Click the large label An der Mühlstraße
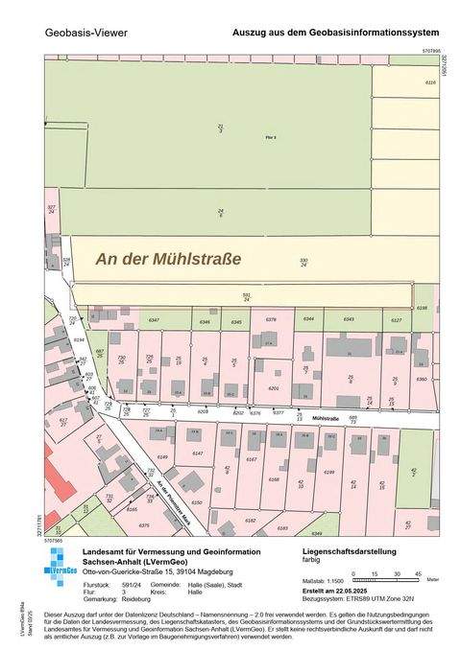168,258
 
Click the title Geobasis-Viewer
85,33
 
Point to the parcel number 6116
430,83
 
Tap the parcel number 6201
274,388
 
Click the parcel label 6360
421,379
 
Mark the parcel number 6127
396,319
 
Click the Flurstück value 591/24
130,583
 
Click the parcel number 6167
251,460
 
